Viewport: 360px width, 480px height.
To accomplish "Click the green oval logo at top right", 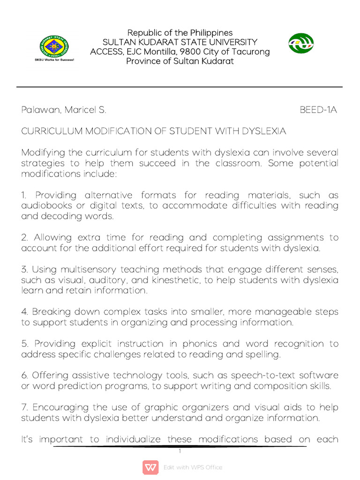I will pyautogui.click(x=300, y=44).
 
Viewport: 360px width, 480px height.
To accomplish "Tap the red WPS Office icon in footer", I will pyautogui.click(x=150, y=467).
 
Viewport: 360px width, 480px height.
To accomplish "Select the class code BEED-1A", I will pyautogui.click(x=318, y=110).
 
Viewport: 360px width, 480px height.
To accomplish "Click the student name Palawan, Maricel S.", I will pyautogui.click(x=64, y=110).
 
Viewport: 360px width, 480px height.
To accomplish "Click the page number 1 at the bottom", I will pyautogui.click(x=180, y=451).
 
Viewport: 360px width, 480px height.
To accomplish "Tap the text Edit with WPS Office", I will pyautogui.click(x=193, y=467).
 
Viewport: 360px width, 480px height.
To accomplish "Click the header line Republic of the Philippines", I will pyautogui.click(x=180, y=33).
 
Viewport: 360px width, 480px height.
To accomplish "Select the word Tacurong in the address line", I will pyautogui.click(x=251, y=52).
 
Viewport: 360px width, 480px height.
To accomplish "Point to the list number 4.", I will pyautogui.click(x=24, y=312).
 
